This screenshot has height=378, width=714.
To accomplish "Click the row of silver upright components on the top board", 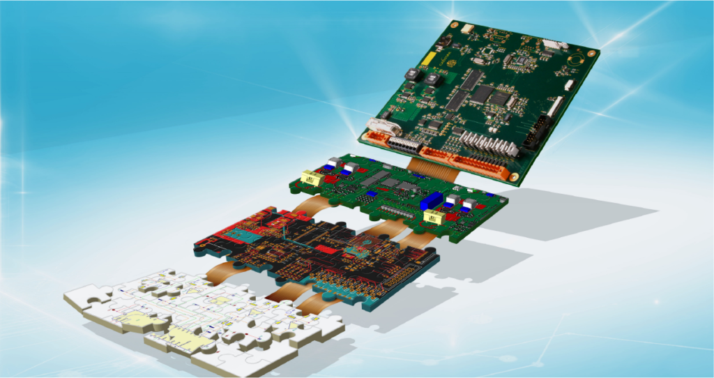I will click(488, 142).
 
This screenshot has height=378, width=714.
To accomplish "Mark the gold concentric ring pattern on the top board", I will click(577, 61).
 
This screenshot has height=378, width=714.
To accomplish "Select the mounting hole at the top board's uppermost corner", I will click(453, 26).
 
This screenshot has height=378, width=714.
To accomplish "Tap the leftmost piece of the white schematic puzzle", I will click(87, 296).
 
